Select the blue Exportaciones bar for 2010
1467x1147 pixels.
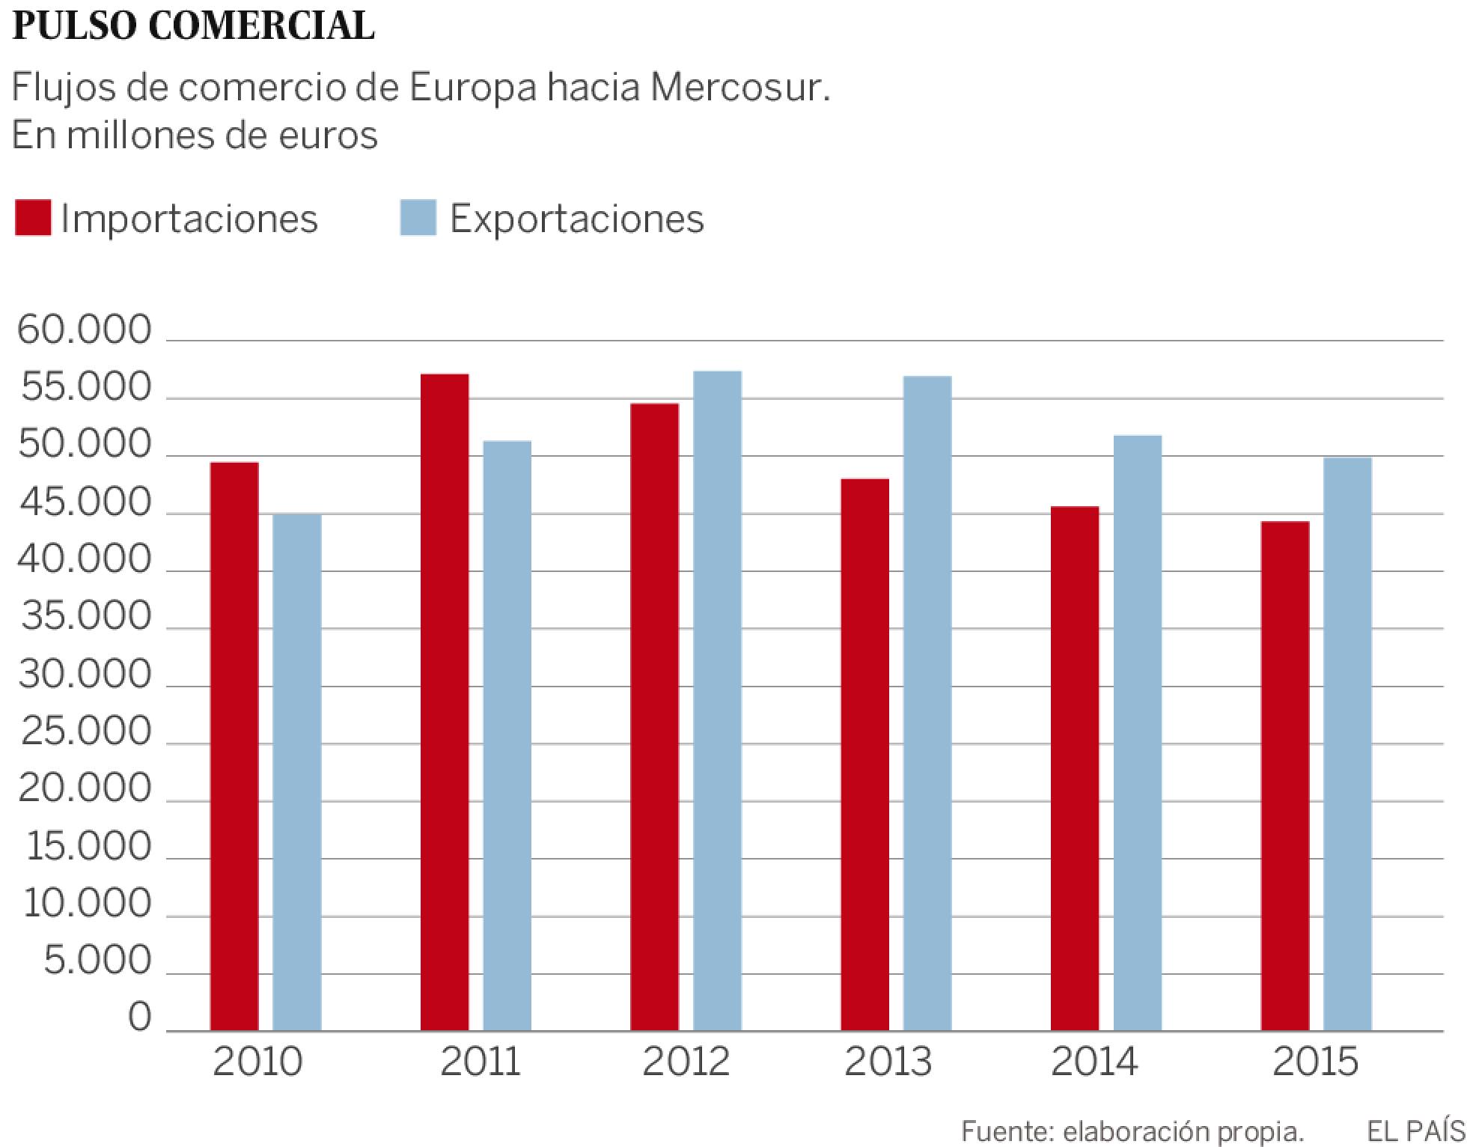coord(297,771)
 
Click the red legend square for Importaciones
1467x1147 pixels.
coord(33,218)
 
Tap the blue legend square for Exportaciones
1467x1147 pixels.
coord(418,218)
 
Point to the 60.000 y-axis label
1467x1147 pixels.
coord(85,330)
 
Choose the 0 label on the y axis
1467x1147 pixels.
coord(140,1018)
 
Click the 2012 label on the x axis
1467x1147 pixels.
coord(686,1062)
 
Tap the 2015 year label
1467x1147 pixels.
coord(1315,1062)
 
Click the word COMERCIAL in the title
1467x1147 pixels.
coord(261,26)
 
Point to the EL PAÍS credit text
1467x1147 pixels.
coord(1415,1131)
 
